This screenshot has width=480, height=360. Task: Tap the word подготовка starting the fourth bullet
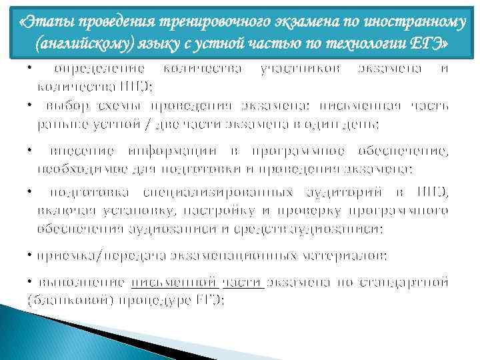[x=87, y=193]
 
